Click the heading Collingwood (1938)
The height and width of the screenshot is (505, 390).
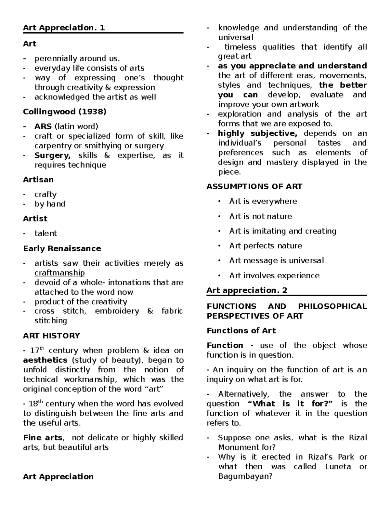(64, 112)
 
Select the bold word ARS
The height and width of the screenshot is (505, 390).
(43, 126)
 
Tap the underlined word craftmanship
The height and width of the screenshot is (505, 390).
(59, 273)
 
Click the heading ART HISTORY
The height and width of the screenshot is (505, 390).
(51, 336)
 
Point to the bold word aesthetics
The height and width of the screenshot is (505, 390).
(45, 360)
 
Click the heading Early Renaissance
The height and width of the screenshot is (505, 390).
(62, 249)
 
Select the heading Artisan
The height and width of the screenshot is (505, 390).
(38, 180)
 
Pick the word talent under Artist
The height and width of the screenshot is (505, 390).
(45, 233)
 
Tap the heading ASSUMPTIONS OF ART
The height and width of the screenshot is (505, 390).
(254, 187)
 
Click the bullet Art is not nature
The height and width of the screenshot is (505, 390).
(260, 217)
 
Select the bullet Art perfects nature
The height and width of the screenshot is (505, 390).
(265, 246)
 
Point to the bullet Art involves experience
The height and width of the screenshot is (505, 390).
(274, 276)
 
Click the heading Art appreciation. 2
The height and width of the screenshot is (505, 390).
(247, 290)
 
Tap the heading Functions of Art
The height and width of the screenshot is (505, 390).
(241, 331)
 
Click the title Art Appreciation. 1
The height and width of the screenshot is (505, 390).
(64, 28)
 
